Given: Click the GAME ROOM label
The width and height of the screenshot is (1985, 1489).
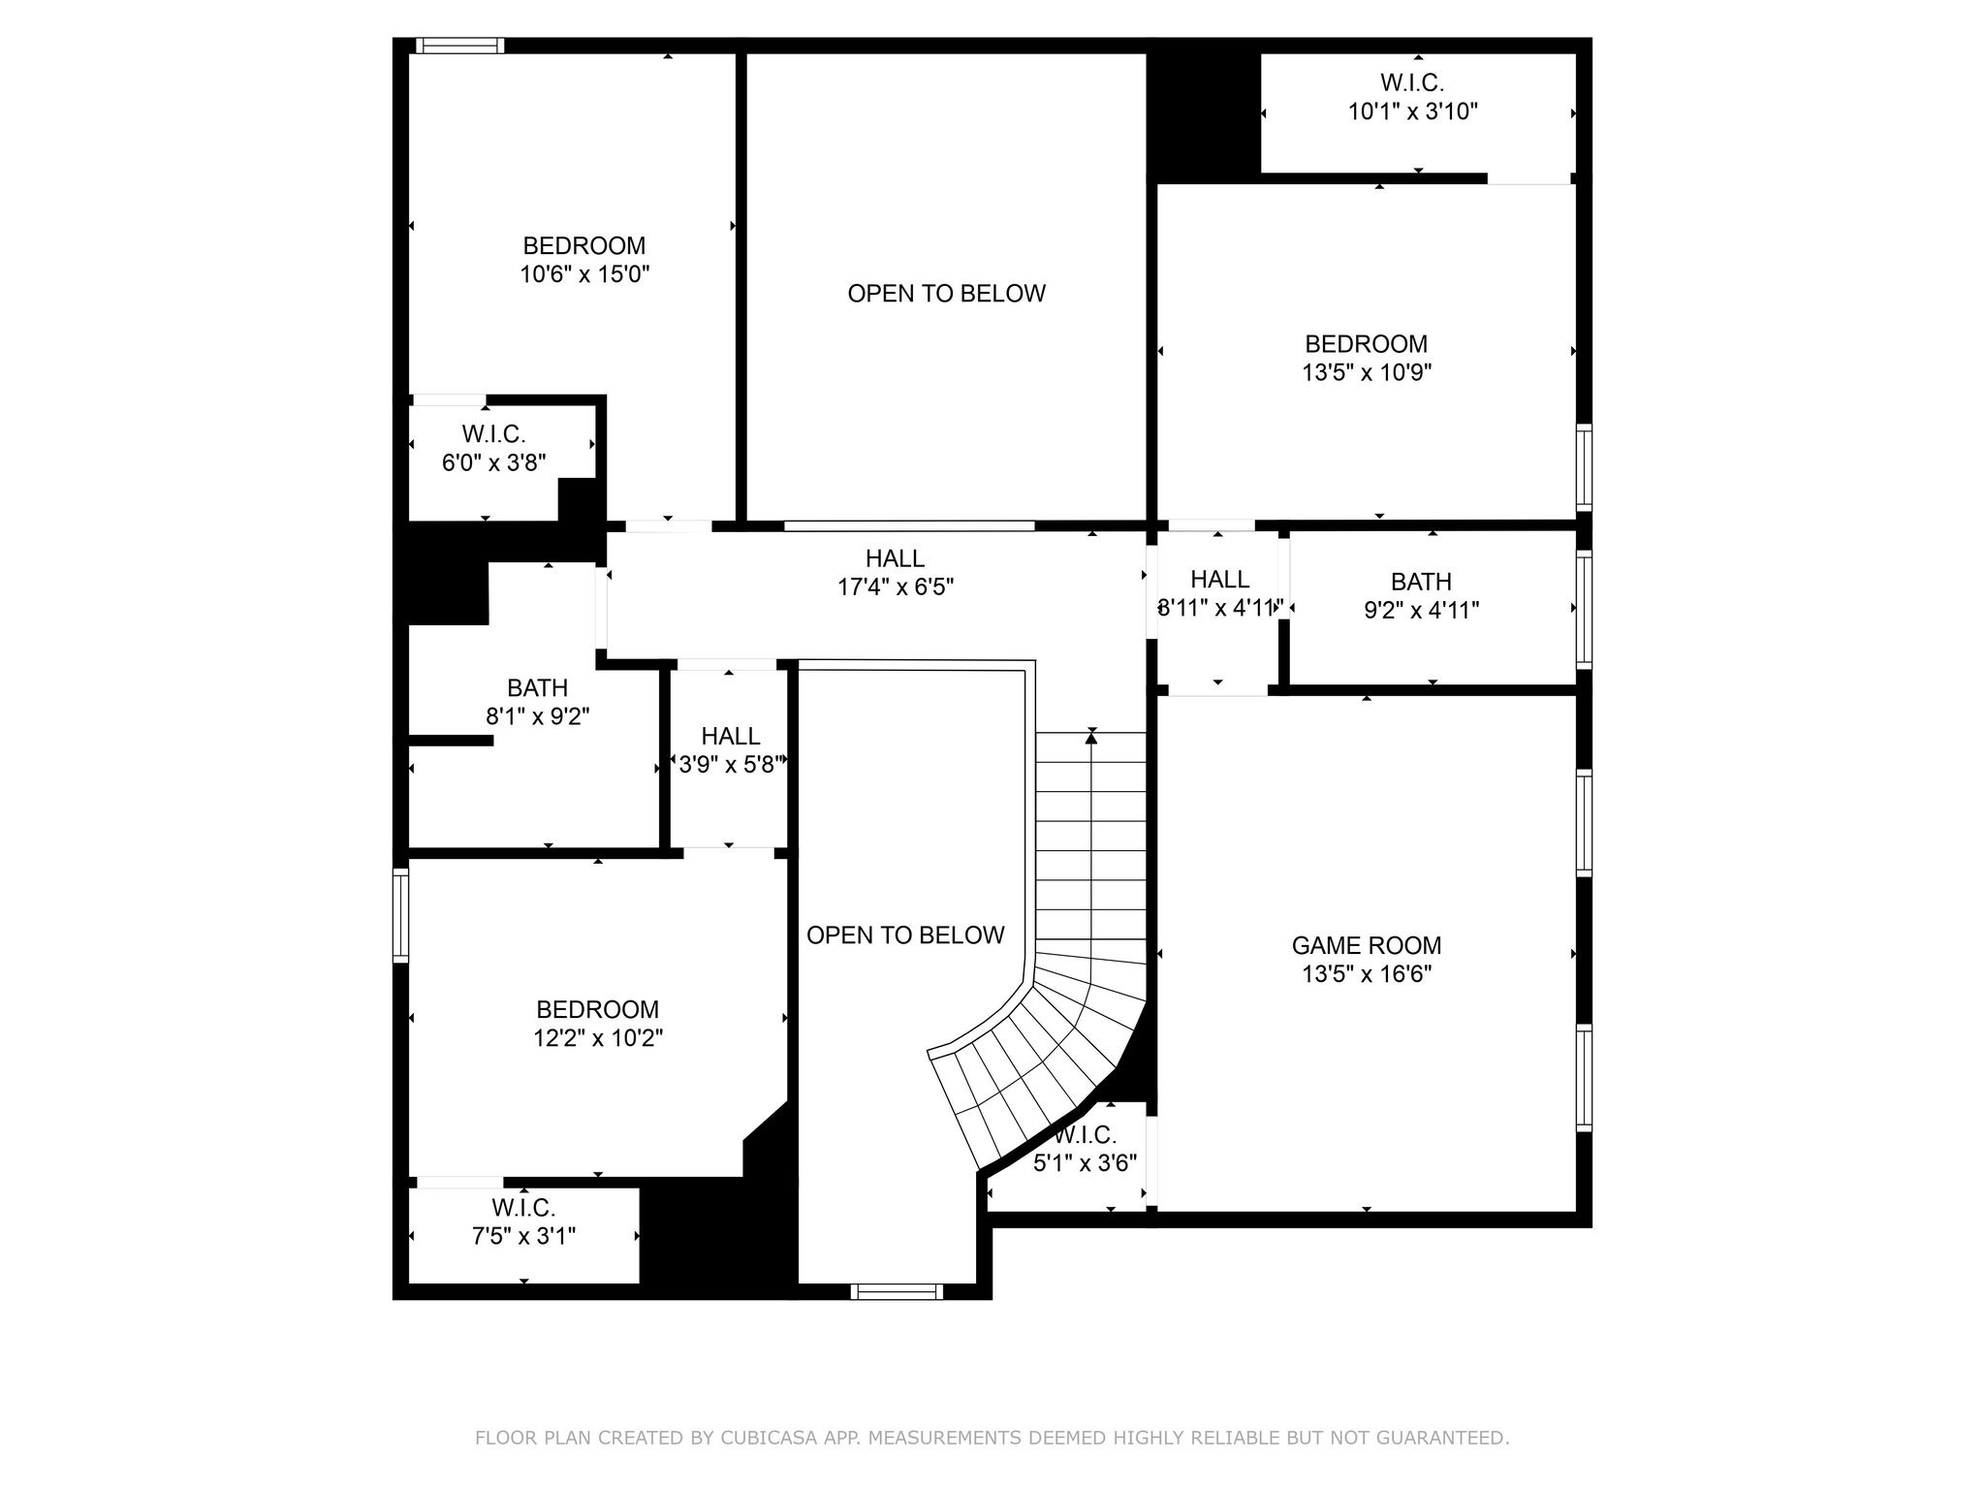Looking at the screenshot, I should [1366, 945].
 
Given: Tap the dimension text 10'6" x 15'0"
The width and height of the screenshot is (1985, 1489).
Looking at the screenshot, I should [584, 274].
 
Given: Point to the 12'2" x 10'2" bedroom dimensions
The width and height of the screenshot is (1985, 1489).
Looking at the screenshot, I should [598, 1038].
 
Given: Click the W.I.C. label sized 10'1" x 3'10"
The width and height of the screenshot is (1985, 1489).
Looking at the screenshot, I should [1412, 83].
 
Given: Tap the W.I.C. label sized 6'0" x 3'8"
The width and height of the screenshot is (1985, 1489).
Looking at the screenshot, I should [493, 434].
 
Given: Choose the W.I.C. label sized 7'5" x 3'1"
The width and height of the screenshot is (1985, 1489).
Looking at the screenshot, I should [523, 1208].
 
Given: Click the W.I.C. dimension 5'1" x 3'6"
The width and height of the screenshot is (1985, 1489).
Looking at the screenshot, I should [1085, 1162].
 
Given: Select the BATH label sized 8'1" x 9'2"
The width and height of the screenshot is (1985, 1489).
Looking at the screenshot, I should [537, 688].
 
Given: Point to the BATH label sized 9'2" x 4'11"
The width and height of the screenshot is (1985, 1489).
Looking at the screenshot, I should [1421, 582].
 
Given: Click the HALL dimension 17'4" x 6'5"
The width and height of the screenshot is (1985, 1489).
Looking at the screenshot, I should [896, 586].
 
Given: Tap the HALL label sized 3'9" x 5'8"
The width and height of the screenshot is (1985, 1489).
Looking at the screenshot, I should [730, 737].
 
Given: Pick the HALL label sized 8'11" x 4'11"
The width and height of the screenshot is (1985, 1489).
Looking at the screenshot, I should [1219, 580].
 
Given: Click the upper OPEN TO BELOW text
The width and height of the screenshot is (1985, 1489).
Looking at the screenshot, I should [946, 294].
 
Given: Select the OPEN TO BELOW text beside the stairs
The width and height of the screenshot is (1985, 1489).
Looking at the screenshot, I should [905, 935].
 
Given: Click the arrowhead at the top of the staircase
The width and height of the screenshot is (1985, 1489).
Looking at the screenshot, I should [1091, 738].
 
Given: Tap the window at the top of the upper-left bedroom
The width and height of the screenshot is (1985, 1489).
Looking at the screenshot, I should [460, 45].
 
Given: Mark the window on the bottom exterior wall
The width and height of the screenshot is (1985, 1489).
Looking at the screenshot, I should [897, 1291].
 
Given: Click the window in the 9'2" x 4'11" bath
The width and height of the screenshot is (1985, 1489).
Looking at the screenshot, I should [1584, 609].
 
